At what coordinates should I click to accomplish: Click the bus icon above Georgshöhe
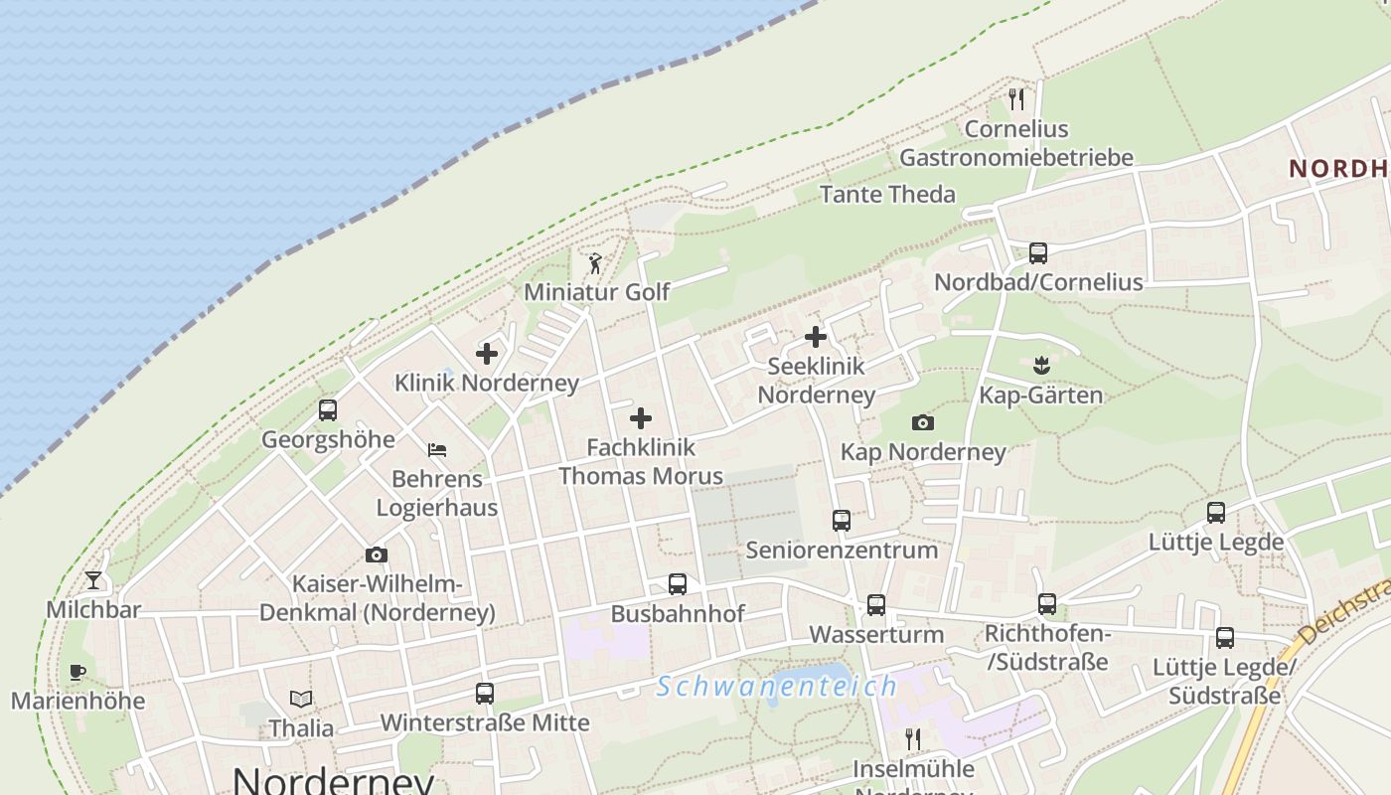[x=328, y=409]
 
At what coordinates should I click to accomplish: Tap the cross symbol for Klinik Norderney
[x=487, y=354]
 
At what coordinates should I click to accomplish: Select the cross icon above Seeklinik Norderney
[x=816, y=337]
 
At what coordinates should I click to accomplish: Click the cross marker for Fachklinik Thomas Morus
[x=641, y=418]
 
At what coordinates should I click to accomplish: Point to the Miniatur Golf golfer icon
[x=595, y=263]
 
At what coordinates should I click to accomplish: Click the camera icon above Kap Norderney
[x=923, y=423]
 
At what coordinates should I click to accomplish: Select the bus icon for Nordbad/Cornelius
[x=1038, y=252]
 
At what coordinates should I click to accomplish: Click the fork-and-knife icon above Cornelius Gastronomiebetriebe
[x=1015, y=99]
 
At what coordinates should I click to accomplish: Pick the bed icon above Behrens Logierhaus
[x=437, y=450]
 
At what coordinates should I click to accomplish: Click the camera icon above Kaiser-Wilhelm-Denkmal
[x=377, y=556]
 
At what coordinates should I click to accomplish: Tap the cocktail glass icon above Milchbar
[x=93, y=580]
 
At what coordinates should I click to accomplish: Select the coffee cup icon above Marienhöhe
[x=77, y=672]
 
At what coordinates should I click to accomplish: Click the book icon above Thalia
[x=301, y=700]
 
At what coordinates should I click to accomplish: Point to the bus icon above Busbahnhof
[x=678, y=584]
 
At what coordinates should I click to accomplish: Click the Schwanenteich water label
[x=777, y=687]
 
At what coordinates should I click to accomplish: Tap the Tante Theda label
[x=887, y=194]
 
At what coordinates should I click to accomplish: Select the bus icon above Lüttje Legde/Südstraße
[x=1225, y=638]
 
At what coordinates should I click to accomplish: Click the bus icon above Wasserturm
[x=876, y=604]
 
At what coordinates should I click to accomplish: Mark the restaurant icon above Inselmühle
[x=913, y=739]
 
